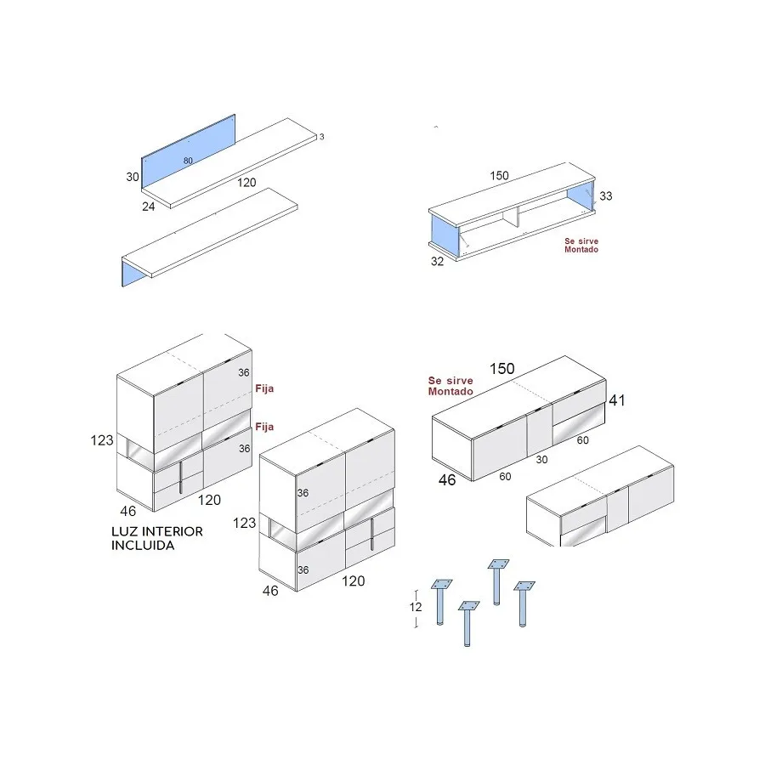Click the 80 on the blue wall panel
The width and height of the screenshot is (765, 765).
188,161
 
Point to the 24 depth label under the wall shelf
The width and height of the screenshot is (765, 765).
148,207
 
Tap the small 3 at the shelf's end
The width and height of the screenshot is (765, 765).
321,137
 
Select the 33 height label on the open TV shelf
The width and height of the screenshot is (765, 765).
605,195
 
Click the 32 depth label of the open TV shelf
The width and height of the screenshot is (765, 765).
437,261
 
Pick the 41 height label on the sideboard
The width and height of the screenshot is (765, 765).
617,400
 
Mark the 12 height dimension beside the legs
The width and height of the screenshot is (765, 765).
415,607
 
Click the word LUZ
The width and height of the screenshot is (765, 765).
124,531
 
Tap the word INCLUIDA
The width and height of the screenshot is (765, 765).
143,545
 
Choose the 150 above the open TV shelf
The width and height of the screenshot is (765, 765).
499,176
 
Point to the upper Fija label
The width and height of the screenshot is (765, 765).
264,388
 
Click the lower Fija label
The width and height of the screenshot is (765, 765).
264,427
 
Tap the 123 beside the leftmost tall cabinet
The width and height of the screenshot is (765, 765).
101,440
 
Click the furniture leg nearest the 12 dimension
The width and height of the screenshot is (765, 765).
440,602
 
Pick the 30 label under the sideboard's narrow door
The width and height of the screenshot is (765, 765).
541,460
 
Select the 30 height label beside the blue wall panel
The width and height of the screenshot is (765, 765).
133,177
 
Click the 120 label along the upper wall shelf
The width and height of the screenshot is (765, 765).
246,183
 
